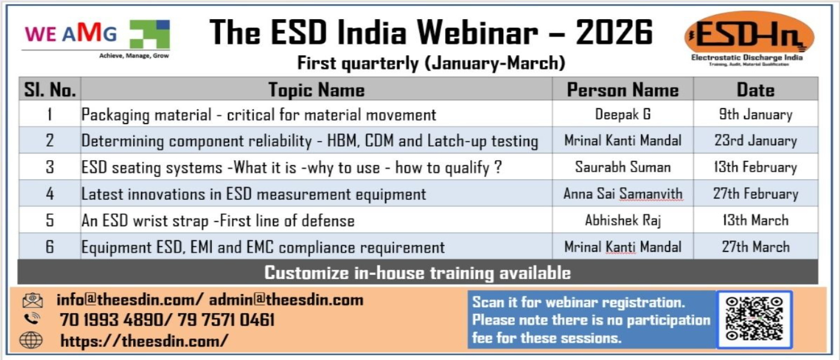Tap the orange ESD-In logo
click(749, 38)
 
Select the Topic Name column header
click(316, 90)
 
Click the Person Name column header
click(623, 90)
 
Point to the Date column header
click(755, 90)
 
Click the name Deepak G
click(623, 115)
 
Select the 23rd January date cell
click(755, 140)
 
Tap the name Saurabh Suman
click(623, 167)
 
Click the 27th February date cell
click(755, 194)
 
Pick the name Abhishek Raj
click(623, 220)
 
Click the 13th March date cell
click(755, 220)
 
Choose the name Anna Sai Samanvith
click(623, 194)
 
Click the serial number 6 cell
click(49, 247)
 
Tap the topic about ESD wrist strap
click(218, 221)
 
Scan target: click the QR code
click(754, 319)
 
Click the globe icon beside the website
click(31, 341)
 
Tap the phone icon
click(32, 319)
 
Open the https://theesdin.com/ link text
click(145, 341)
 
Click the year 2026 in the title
click(614, 32)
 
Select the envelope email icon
click(32, 300)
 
